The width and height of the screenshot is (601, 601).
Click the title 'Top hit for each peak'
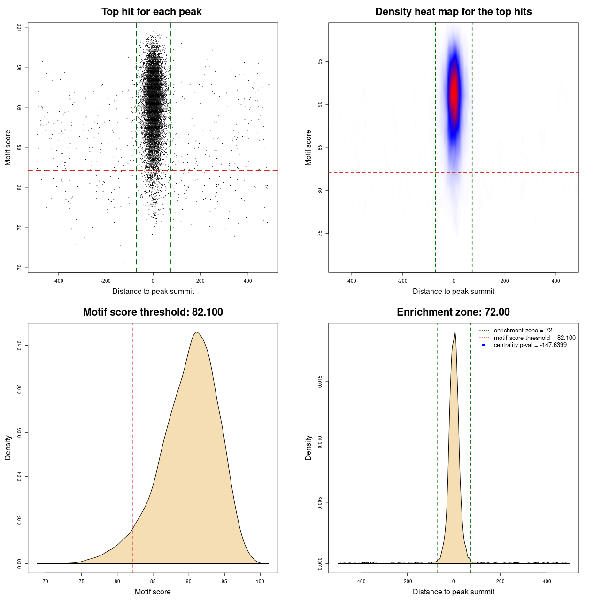point(151,12)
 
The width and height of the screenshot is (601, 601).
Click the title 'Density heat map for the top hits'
point(453,12)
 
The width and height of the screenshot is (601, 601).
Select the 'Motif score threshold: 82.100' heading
point(153,312)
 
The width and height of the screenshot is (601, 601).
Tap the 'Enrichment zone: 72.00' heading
point(453,312)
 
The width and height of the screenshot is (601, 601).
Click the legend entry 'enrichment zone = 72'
point(523,331)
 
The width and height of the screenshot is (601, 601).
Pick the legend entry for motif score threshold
point(534,338)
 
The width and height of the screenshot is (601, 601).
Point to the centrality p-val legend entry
point(530,345)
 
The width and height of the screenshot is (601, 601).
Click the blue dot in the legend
point(483,345)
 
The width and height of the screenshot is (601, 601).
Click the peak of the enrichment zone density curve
point(455,332)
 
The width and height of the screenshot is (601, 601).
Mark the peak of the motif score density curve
point(197,332)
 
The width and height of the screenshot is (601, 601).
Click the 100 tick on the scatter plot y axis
point(19,28)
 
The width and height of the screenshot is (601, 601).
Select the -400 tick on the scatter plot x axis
point(58,281)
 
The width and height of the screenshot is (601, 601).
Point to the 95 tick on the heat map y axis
point(320,62)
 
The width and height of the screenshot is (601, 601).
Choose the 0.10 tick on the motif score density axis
point(19,346)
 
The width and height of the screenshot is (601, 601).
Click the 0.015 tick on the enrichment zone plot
point(320,382)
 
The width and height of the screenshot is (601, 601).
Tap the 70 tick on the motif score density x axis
point(46,581)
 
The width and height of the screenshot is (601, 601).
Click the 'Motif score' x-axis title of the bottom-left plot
point(153,592)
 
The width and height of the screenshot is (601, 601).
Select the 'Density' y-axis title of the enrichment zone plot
point(308,447)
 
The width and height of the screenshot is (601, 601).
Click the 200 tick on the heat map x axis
point(505,281)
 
